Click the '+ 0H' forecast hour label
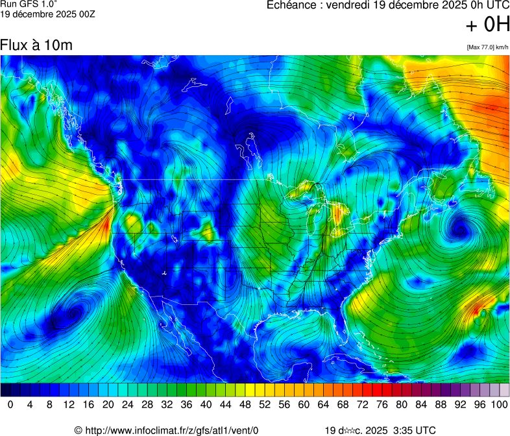point(488,25)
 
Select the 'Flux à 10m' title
point(36,45)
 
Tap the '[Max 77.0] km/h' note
point(487,47)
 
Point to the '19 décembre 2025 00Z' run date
point(47,14)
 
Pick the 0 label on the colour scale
point(10,405)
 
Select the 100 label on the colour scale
point(498,405)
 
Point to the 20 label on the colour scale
point(108,405)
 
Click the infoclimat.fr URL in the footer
point(172,430)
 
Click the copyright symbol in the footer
point(78,430)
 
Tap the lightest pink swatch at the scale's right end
point(504,390)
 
